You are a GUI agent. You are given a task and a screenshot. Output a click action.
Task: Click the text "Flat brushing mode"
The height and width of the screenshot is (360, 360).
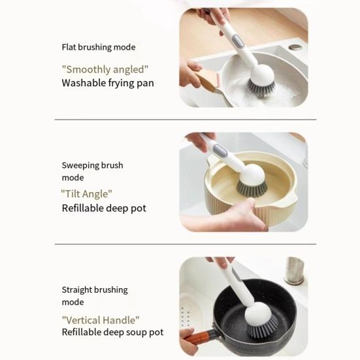tap(99, 47)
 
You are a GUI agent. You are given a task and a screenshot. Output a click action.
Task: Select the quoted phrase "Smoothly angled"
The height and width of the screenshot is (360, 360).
tap(105, 69)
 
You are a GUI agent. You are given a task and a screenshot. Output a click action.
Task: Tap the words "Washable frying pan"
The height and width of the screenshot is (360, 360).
tap(108, 83)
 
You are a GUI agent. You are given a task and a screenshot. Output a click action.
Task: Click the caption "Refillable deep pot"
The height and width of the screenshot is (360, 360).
tap(104, 208)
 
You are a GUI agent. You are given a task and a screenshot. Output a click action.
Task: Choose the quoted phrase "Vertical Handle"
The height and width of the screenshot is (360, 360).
tap(101, 319)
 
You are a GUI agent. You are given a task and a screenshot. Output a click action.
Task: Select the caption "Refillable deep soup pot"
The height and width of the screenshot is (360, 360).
tap(112, 333)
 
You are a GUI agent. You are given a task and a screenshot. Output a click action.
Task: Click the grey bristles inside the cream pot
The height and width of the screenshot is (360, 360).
tap(252, 189)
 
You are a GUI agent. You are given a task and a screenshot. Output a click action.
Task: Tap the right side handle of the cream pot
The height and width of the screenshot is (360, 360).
tap(297, 195)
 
